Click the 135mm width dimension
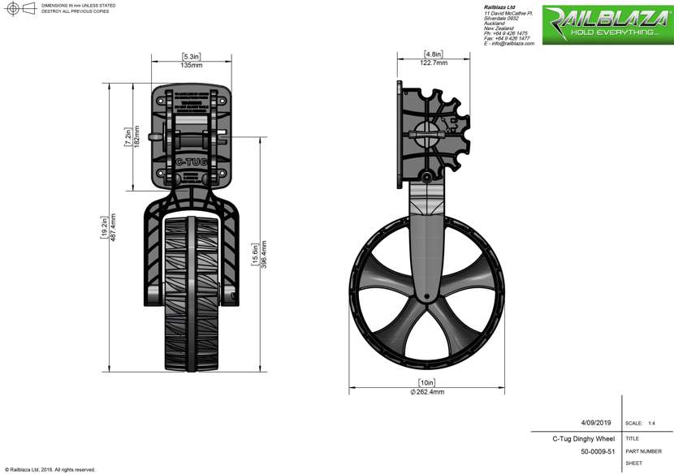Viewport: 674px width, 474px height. pos(192,65)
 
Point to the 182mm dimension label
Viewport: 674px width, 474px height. pos(136,136)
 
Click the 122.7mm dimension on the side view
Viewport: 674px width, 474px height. pos(433,62)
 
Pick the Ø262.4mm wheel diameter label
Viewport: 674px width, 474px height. pos(427,391)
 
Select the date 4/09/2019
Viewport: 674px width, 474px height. pos(597,423)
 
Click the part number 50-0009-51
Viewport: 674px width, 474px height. pos(597,451)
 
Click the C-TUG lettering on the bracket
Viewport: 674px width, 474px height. pos(191,162)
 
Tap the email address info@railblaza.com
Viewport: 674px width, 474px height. pos(511,43)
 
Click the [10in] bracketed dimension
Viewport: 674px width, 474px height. pos(427,382)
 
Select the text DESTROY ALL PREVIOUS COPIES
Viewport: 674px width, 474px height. pos(76,12)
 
